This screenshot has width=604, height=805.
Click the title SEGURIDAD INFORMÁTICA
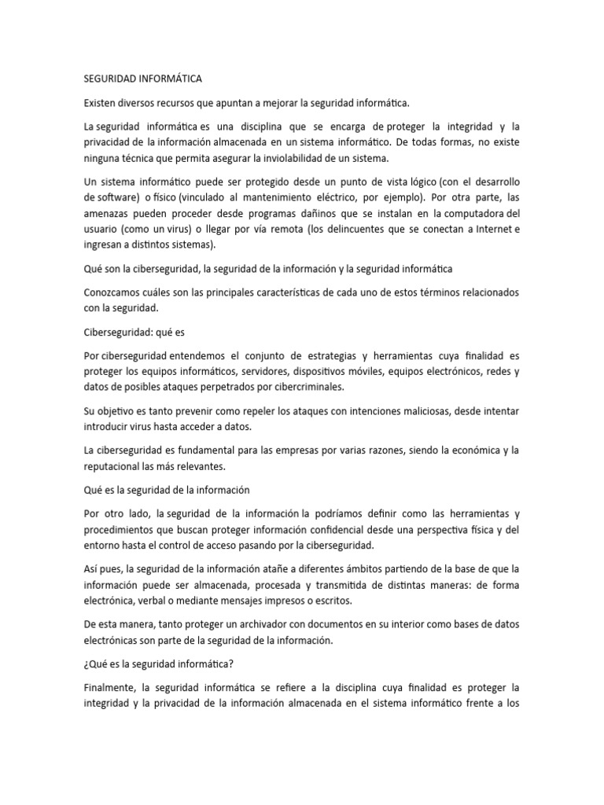point(142,79)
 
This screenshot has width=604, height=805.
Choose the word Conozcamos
point(113,292)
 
